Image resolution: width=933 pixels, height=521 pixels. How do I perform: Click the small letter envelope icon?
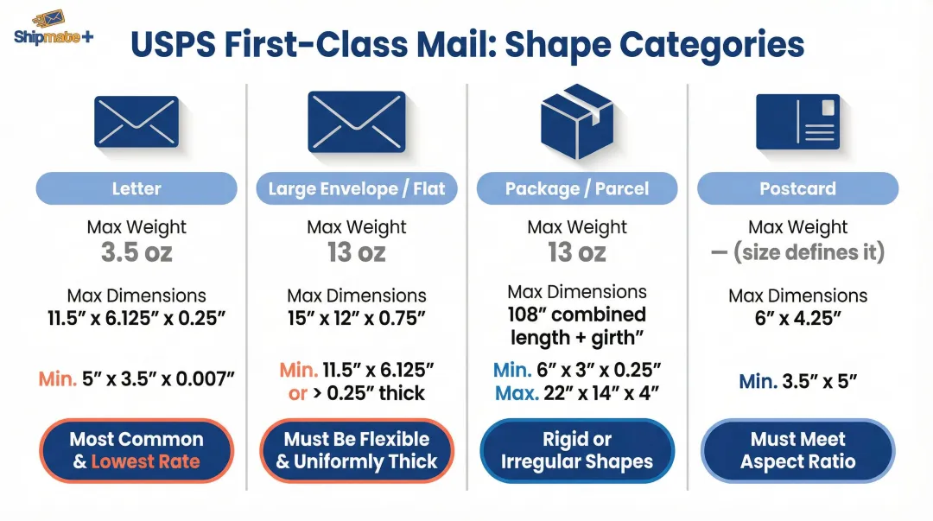click(136, 123)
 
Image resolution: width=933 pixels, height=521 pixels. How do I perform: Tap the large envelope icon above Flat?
click(356, 122)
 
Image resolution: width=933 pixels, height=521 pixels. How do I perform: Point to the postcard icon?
click(797, 122)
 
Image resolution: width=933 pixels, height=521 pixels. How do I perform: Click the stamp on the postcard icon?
click(828, 108)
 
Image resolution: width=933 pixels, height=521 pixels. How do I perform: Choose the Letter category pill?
click(136, 188)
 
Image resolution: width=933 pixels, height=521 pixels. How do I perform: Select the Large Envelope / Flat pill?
click(357, 188)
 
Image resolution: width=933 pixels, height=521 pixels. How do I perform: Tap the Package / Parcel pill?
click(577, 188)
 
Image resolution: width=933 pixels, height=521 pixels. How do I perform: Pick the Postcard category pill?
click(797, 188)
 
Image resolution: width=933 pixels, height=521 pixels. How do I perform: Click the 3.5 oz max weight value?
click(136, 252)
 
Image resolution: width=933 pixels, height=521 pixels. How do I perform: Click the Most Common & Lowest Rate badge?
click(136, 450)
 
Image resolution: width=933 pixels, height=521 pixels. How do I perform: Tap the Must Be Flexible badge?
click(357, 450)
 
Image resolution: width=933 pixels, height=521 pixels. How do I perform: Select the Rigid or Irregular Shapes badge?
click(577, 450)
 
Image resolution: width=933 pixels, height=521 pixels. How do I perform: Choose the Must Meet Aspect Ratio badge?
click(797, 450)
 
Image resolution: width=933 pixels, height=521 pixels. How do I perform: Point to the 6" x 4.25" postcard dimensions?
click(797, 319)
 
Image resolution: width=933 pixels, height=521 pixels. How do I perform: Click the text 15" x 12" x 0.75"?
click(357, 319)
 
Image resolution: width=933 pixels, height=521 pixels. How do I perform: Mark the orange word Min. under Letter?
click(57, 378)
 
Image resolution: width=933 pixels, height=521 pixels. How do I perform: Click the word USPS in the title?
click(176, 45)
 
